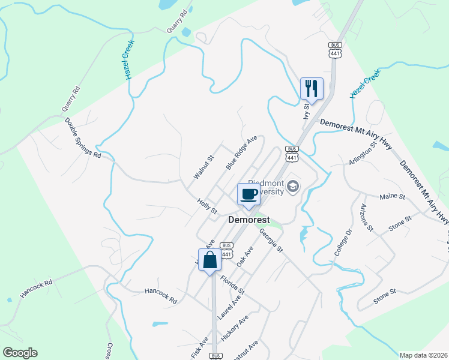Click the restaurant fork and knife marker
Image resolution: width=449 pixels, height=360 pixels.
click(x=312, y=89)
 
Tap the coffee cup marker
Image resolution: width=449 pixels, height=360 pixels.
click(x=249, y=193)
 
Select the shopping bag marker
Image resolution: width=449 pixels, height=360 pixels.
click(x=209, y=260)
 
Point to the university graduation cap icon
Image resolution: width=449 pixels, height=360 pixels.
click(x=292, y=187)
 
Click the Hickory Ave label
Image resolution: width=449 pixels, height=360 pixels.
click(x=234, y=330)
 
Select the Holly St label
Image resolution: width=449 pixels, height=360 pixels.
click(x=206, y=206)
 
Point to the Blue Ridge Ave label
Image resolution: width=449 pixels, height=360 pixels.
click(x=241, y=152)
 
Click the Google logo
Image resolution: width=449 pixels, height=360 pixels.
click(x=20, y=353)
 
